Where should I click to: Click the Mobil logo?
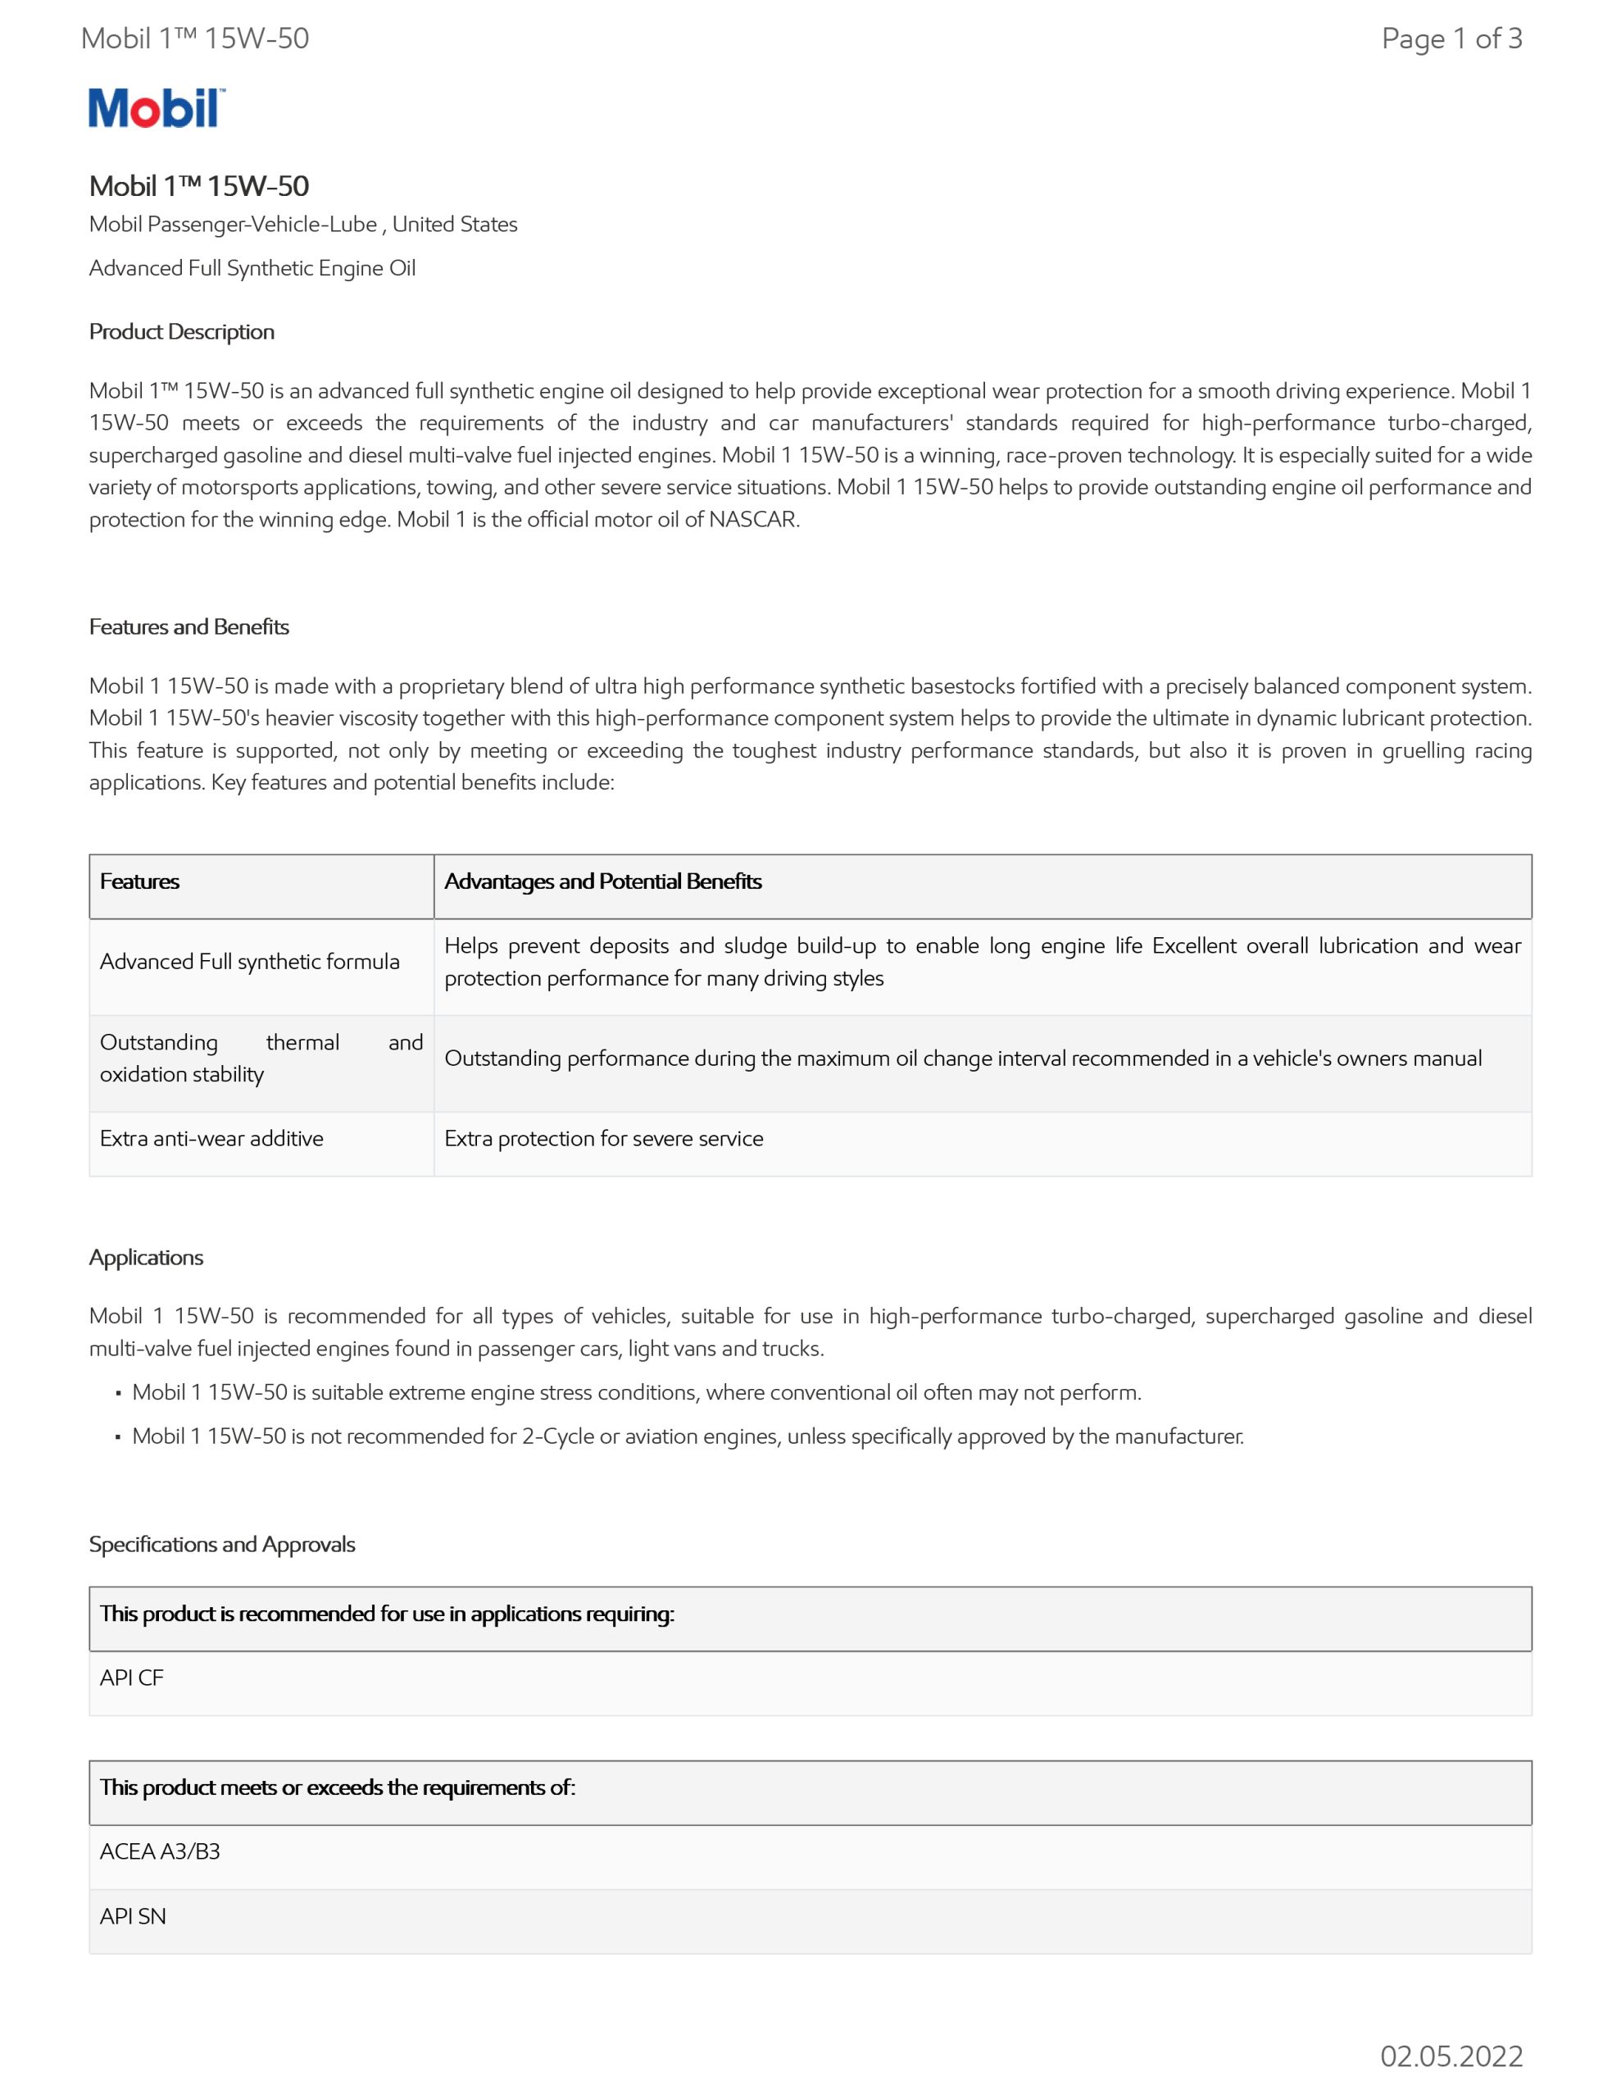(x=156, y=107)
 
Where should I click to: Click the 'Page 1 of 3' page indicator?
(x=1451, y=39)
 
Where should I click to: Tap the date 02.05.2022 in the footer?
(x=1451, y=2056)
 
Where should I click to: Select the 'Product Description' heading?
(x=182, y=331)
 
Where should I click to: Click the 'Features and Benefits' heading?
(x=189, y=626)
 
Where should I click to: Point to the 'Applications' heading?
(x=146, y=1257)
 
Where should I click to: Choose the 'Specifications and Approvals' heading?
(x=222, y=1545)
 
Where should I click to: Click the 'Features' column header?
(x=139, y=881)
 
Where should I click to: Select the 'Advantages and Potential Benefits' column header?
(x=602, y=881)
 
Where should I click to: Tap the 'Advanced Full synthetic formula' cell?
(x=250, y=962)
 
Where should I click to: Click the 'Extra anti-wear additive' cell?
(x=211, y=1139)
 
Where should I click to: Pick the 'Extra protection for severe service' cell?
(x=603, y=1139)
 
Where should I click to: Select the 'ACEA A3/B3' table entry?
(x=160, y=1852)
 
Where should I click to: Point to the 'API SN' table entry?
(x=133, y=1916)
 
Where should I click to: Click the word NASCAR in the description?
(x=753, y=520)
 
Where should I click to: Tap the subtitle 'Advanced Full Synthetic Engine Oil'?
(x=252, y=268)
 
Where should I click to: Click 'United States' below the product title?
(x=455, y=224)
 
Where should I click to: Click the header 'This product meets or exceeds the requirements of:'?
(x=338, y=1787)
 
